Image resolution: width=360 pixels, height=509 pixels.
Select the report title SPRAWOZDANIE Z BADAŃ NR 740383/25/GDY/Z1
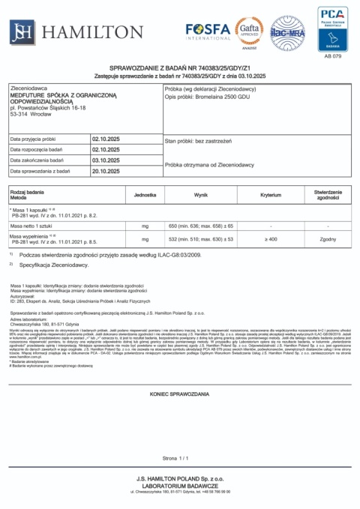(x=180, y=67)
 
